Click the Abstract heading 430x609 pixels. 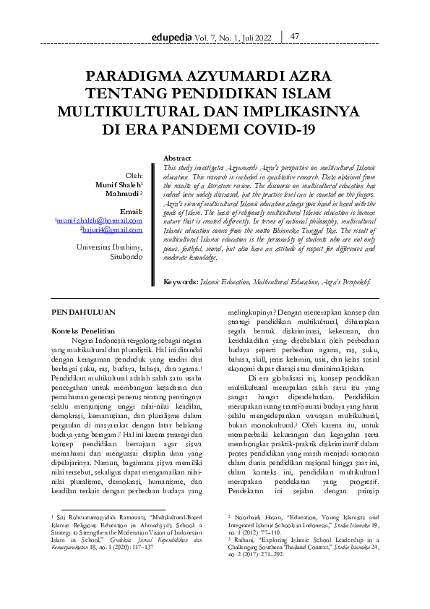pos(178,158)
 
